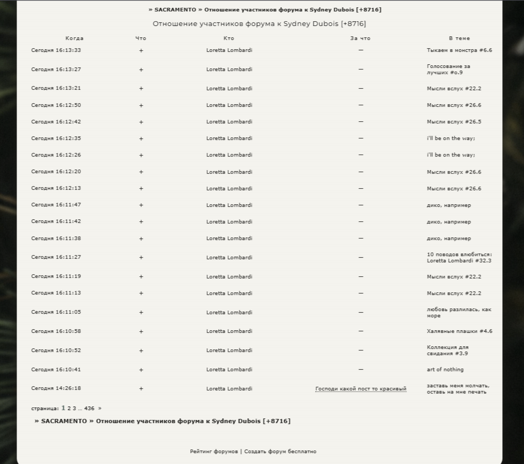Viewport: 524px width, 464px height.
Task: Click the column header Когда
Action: coord(74,38)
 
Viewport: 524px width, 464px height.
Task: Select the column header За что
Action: coord(360,38)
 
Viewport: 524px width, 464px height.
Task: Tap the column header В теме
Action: coord(459,38)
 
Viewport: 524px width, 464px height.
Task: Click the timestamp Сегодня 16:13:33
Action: coord(56,50)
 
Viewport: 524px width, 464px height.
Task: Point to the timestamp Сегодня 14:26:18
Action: coord(56,388)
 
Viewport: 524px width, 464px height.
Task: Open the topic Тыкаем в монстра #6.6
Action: coord(459,50)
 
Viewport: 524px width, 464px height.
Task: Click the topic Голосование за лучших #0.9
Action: coord(448,69)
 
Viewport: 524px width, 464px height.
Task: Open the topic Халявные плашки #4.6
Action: coord(459,331)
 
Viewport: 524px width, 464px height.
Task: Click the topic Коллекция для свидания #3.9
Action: coord(447,350)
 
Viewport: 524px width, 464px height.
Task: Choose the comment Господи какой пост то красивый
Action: coord(361,389)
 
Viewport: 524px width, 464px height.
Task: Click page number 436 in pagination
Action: coord(90,409)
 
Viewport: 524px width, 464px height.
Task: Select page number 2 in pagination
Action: coord(69,409)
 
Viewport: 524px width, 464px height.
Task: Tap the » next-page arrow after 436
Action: coord(100,409)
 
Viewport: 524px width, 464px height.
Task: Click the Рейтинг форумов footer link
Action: coord(214,452)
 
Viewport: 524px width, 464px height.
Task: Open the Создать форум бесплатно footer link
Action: coord(280,452)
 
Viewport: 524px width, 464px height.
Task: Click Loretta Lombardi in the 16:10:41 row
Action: coord(229,370)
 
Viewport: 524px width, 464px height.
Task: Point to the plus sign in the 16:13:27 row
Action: coord(141,69)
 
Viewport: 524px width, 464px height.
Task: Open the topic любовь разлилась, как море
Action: coord(459,313)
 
